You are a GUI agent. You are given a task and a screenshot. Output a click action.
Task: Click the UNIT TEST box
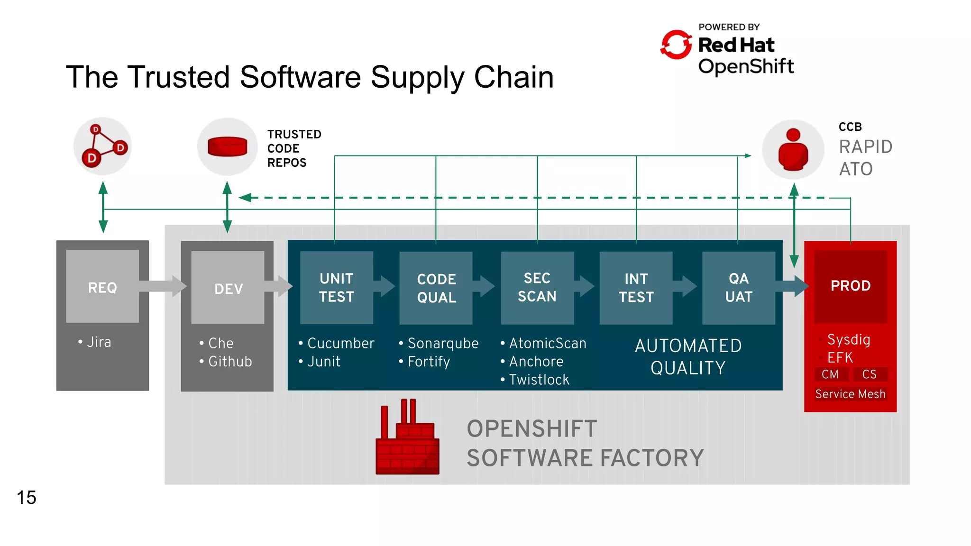[x=336, y=287]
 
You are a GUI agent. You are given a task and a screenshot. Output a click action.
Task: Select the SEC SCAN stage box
[x=537, y=287]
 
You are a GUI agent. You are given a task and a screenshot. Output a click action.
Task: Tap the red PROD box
[x=850, y=286]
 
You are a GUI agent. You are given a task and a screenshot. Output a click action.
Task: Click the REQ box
[x=102, y=287]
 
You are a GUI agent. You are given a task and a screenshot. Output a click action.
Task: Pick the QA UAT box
[x=738, y=287]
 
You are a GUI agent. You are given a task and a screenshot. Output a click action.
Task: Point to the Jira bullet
[x=99, y=342]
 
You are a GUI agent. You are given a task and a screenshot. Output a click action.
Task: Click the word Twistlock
[x=539, y=380]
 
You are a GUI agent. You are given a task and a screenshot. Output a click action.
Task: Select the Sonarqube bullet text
[x=443, y=343]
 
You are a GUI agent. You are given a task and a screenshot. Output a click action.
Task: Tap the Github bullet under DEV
[x=230, y=362]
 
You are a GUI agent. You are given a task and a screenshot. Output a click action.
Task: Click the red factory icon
[x=407, y=441]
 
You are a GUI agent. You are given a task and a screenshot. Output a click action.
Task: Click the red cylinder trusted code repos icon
[x=228, y=146]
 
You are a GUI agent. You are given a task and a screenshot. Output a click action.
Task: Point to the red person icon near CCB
[x=793, y=150]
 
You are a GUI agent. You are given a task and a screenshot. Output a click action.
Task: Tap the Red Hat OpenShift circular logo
[x=676, y=45]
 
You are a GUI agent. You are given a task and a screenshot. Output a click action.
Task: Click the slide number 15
[x=27, y=497]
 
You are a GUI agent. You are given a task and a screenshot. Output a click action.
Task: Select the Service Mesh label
[x=850, y=394]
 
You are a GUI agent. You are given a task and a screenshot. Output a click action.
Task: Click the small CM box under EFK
[x=830, y=374]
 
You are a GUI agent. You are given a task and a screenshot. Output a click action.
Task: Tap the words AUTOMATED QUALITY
[x=688, y=356]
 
